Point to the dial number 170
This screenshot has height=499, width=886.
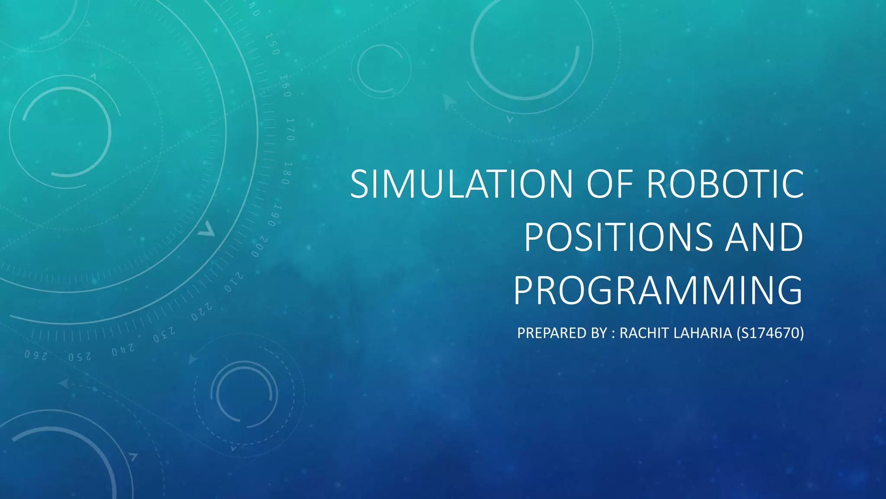pyautogui.click(x=290, y=129)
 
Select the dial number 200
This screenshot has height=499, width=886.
pyautogui.click(x=259, y=247)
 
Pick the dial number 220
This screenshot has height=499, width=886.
pyautogui.click(x=202, y=312)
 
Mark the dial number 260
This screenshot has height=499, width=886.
pyautogui.click(x=35, y=355)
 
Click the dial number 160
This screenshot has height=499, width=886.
pyautogui.click(x=284, y=86)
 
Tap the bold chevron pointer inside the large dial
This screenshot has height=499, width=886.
pyautogui.click(x=207, y=229)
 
